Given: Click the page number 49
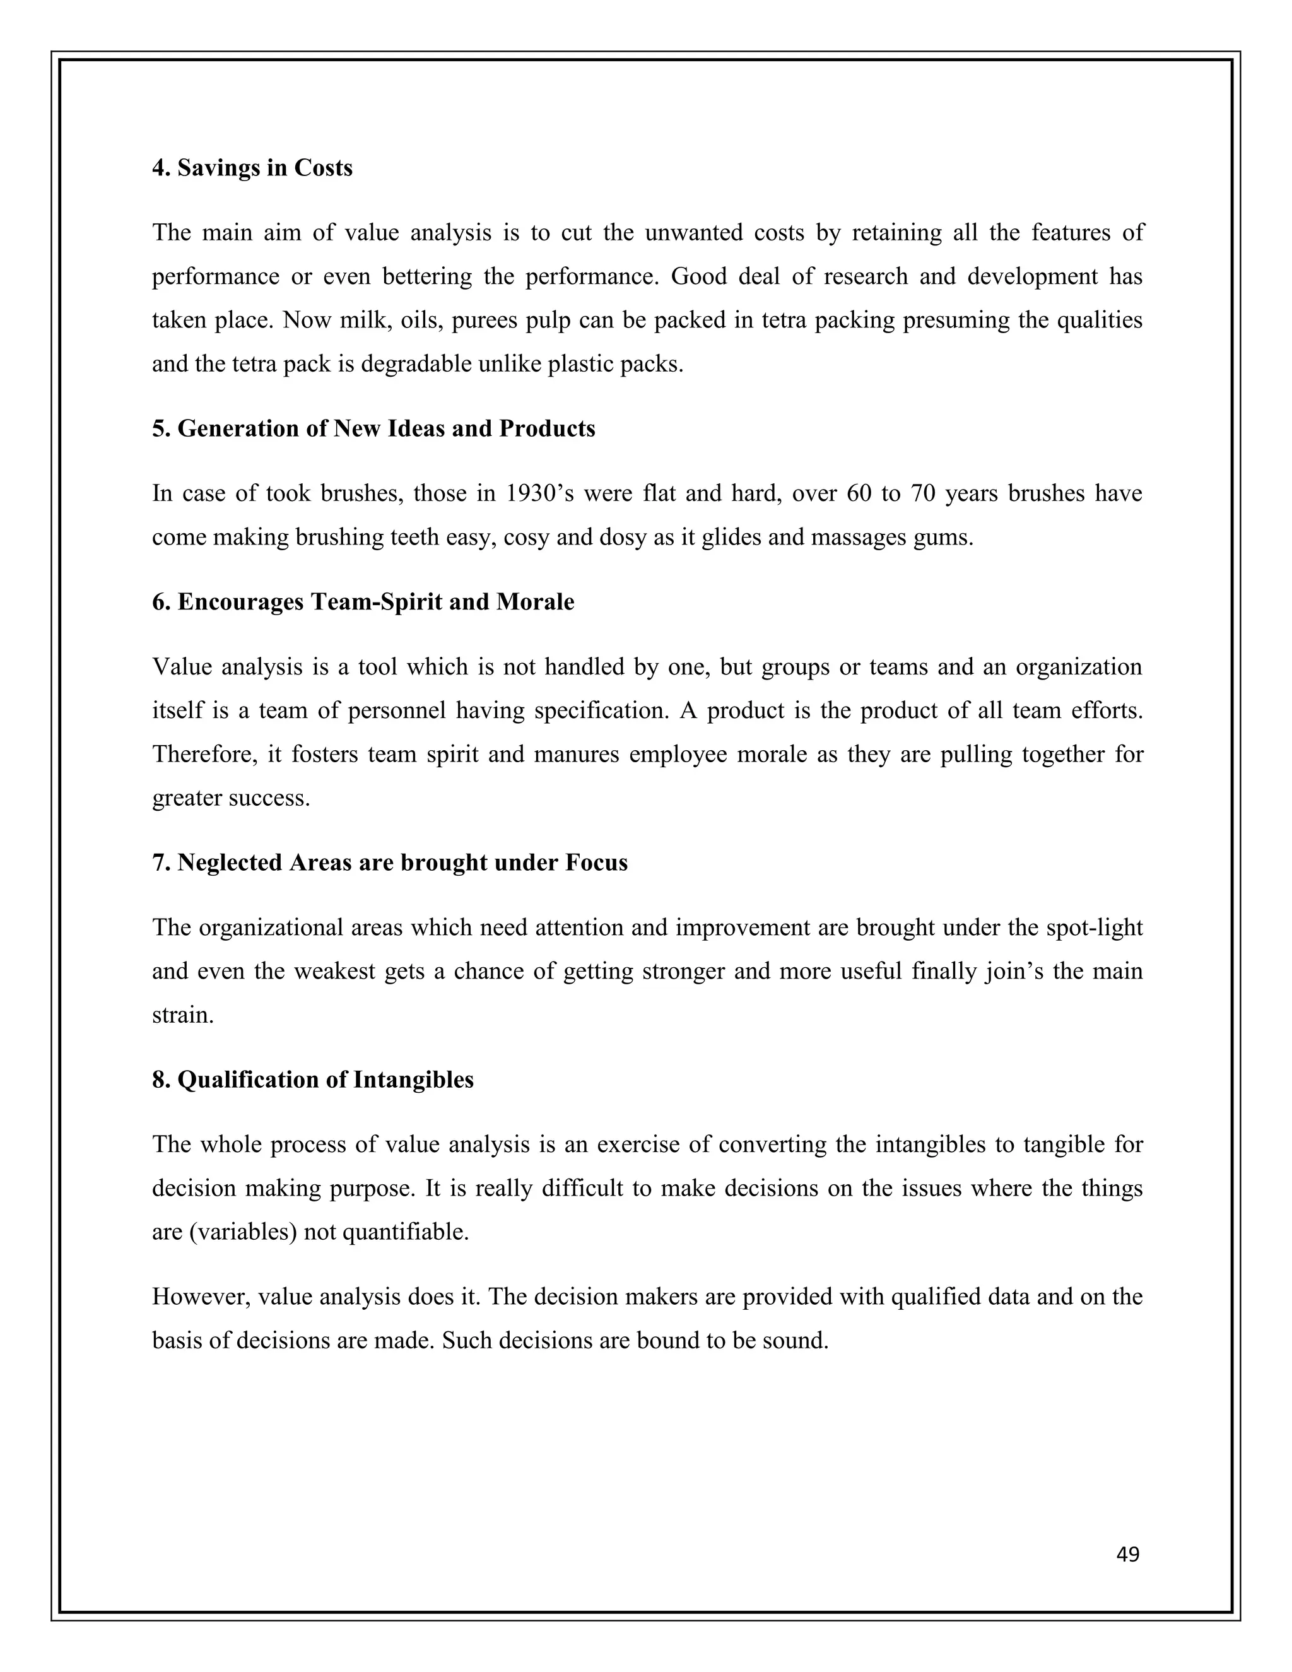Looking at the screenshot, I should coord(1127,1554).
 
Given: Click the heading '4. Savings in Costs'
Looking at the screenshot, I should coord(252,168).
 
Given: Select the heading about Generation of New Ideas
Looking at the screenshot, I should coord(373,428).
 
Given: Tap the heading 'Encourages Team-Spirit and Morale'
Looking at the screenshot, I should coord(363,602).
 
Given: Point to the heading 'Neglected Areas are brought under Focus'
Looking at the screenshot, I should coord(390,862).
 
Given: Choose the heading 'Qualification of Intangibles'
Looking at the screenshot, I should coord(312,1080).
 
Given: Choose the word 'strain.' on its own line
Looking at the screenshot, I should coord(183,1015).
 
